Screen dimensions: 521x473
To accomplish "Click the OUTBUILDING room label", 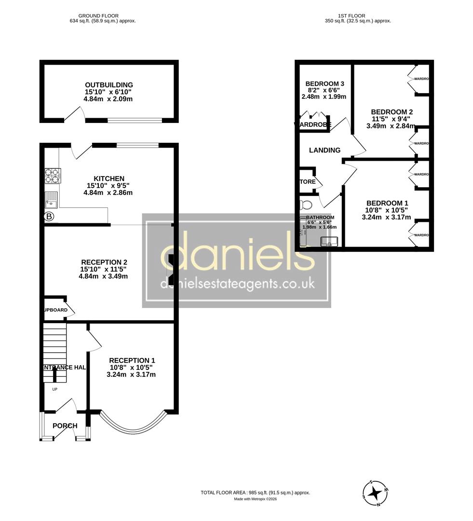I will point(109,85).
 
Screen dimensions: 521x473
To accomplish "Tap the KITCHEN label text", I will point(109,178).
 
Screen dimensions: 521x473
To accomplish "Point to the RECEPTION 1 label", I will point(132,360).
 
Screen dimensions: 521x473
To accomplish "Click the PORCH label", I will point(65,425).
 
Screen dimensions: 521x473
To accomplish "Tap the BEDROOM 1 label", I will point(387,203).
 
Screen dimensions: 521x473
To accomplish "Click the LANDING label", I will point(324,150).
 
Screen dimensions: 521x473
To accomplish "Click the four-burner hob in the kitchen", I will point(53,175).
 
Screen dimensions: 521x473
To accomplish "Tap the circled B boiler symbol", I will point(49,217).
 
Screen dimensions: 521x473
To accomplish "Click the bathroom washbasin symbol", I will point(329,241).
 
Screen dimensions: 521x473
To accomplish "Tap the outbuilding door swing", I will point(73,114).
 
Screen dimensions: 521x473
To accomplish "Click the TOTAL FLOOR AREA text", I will point(255,493).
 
